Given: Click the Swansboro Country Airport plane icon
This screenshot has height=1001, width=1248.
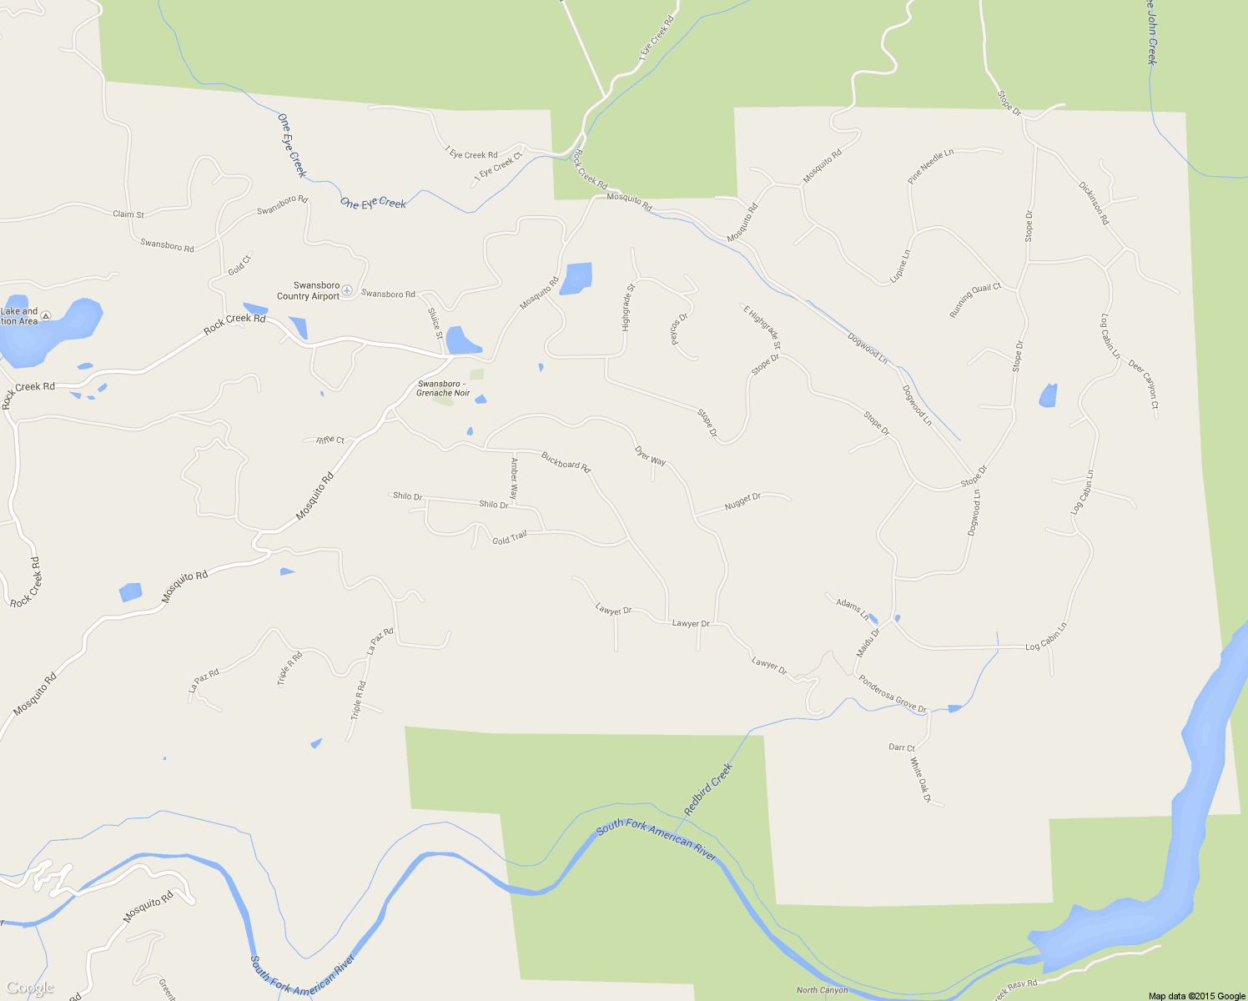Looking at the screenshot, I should point(347,290).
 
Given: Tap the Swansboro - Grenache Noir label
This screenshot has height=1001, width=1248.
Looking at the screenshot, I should point(443,389).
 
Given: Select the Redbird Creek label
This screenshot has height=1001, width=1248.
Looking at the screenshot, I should point(707,789).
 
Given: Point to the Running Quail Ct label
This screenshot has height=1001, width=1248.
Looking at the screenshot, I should point(974,300).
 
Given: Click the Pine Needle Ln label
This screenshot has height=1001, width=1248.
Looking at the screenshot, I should point(930,167).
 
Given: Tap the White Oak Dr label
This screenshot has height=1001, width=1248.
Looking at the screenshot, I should point(920,780).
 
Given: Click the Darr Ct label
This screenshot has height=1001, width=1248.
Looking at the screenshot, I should point(902,747).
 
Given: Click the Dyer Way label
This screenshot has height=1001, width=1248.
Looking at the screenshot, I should point(650,455).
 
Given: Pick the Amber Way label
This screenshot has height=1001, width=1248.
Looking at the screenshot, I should point(514,478).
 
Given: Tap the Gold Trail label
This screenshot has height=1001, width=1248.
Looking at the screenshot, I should point(509,538).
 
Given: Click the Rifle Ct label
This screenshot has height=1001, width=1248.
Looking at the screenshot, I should point(330,440).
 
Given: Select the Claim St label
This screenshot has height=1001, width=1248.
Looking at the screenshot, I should point(128,214).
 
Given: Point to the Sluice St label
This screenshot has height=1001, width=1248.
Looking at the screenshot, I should point(434,324).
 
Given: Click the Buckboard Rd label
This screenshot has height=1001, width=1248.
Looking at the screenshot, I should point(566,461).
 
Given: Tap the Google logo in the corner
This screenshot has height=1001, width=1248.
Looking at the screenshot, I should point(29,988).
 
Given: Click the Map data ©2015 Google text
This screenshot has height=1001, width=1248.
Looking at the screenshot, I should point(1196,996).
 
